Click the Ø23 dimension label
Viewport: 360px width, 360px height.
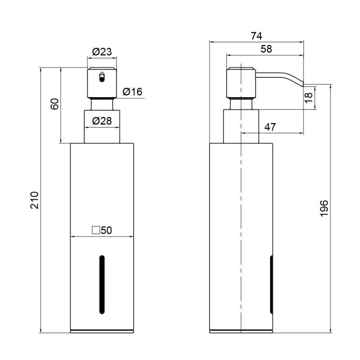coord(102,52)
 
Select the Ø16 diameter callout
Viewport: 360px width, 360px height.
coord(132,92)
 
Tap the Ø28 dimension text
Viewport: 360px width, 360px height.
coord(102,121)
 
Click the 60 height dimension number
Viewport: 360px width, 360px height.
coord(54,104)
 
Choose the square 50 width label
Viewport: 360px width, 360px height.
coord(102,230)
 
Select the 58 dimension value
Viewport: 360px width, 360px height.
coord(266,49)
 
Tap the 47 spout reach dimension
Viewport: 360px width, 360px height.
coord(270,127)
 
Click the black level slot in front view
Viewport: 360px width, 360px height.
coord(102,285)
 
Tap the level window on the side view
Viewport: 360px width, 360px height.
coord(271,284)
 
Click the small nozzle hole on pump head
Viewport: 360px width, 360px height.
coord(102,77)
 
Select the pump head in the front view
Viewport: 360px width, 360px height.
coord(102,83)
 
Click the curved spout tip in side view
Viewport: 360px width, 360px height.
coord(299,82)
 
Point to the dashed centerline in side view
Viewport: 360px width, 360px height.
coord(242,202)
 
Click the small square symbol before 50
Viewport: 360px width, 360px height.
coord(95,230)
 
